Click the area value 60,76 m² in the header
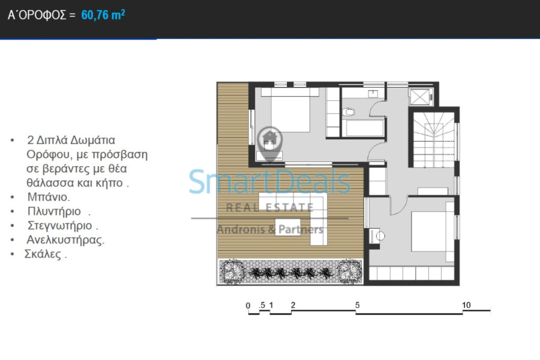point(103,15)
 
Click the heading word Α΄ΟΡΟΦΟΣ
point(37,15)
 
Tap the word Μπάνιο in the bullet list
point(49,197)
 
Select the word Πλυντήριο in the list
point(54,211)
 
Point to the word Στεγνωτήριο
point(59,226)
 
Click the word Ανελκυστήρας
point(65,240)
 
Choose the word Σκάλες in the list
point(43,254)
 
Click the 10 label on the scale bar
point(466,305)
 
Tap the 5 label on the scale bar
point(358,305)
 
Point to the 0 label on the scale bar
point(248,305)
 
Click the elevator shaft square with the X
point(420,97)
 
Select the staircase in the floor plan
point(434,140)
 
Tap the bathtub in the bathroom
point(365,128)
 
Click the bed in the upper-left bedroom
point(290,110)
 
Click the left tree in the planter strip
point(232,271)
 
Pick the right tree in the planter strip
point(350,271)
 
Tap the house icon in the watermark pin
point(269,139)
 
